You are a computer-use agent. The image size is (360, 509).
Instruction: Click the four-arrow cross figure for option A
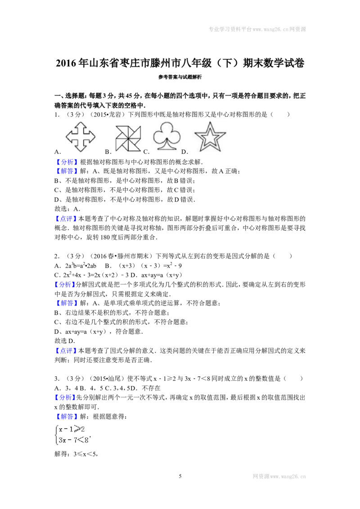pyautogui.click(x=80, y=137)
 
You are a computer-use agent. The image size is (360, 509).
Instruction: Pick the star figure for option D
pyautogui.click(x=210, y=137)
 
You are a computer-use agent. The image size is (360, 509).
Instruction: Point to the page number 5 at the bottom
pyautogui.click(x=180, y=476)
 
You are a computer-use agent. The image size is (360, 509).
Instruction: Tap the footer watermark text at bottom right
pyautogui.click(x=279, y=476)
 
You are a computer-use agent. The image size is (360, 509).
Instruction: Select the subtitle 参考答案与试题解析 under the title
pyautogui.click(x=180, y=77)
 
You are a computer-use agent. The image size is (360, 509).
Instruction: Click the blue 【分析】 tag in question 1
pyautogui.click(x=66, y=162)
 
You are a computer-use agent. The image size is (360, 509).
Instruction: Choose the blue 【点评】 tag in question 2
pyautogui.click(x=66, y=351)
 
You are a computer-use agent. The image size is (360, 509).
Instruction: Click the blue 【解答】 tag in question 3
pyautogui.click(x=66, y=416)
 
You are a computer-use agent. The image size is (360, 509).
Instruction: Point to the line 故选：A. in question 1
pyautogui.click(x=67, y=209)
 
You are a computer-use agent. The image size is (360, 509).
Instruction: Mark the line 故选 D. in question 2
pyautogui.click(x=65, y=341)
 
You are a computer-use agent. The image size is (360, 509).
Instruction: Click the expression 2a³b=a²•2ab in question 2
pyautogui.click(x=81, y=266)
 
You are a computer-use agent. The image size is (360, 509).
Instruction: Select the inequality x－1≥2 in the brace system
pyautogui.click(x=72, y=429)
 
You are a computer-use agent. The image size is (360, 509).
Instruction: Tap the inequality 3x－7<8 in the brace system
pyautogui.click(x=73, y=440)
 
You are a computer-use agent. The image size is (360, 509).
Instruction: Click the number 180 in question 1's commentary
pyautogui.click(x=105, y=237)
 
